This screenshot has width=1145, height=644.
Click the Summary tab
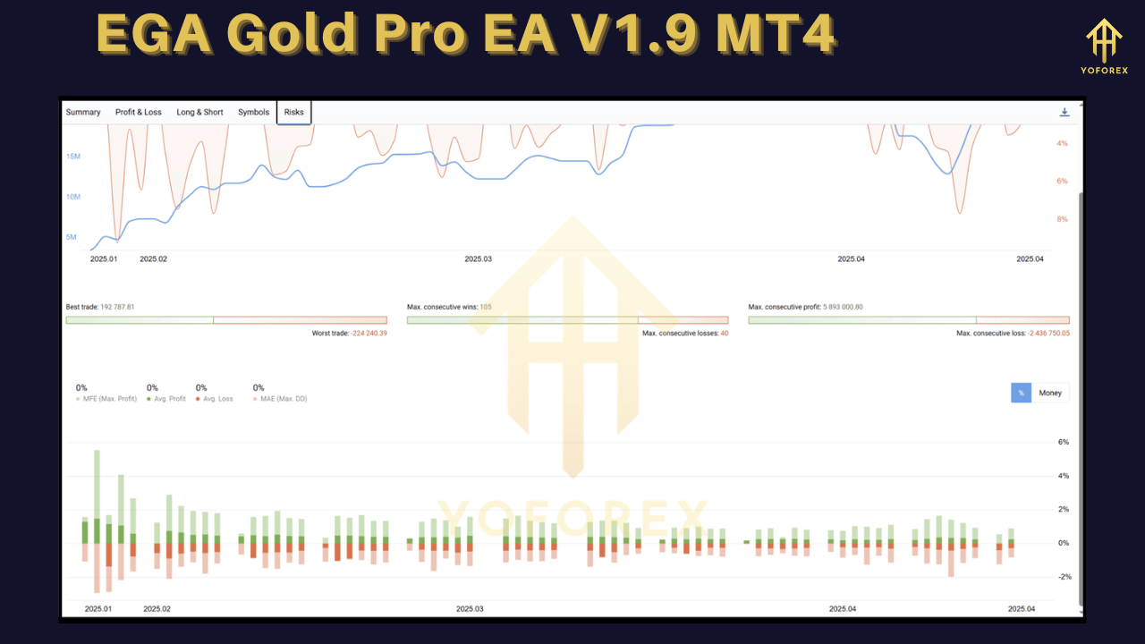(83, 113)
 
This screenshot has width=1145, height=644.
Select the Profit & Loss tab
(139, 113)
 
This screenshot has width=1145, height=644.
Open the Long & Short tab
(199, 113)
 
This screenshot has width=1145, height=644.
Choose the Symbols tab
(253, 113)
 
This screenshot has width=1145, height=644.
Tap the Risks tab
(294, 113)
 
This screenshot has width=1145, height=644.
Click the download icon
(1064, 113)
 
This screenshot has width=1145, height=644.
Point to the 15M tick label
(73, 157)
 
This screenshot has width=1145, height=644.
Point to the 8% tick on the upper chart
(1062, 219)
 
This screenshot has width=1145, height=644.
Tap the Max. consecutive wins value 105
(486, 308)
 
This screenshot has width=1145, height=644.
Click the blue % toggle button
(1021, 393)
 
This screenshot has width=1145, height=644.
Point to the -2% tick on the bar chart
(1063, 577)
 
